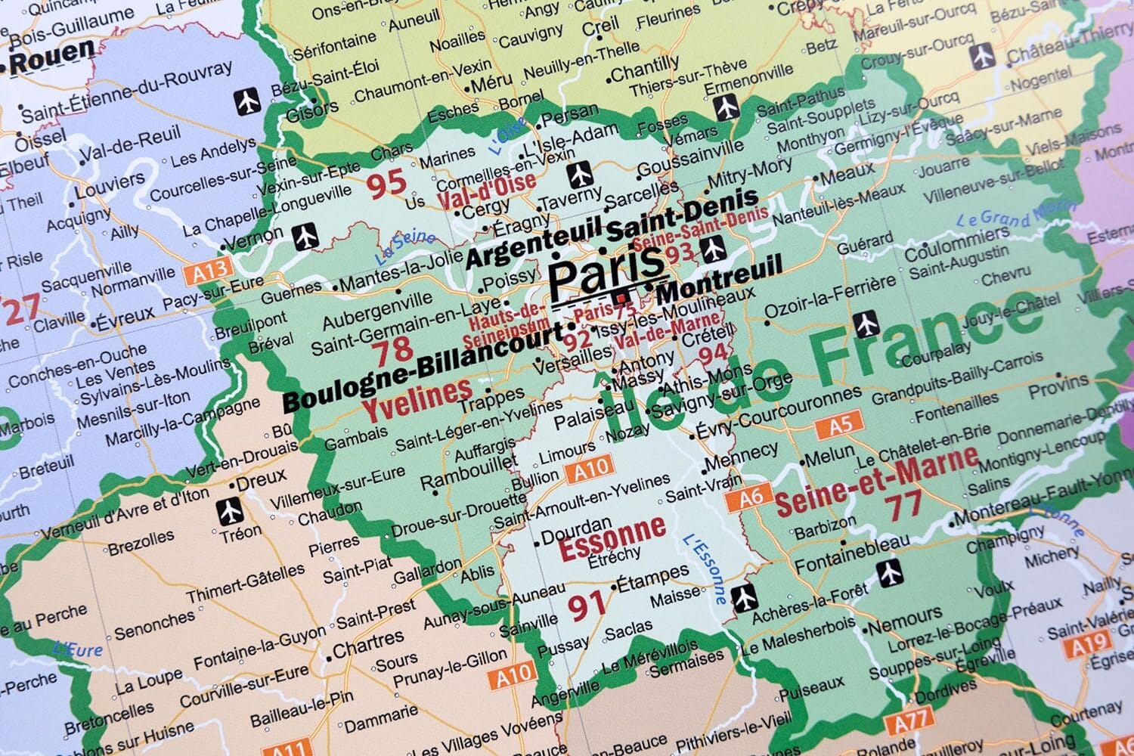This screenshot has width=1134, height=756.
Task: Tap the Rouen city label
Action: [x=51, y=57]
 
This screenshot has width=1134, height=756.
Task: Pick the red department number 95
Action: [x=386, y=184]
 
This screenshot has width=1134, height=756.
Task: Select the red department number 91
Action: [x=587, y=604]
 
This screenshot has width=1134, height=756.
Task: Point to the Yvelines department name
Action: [x=417, y=398]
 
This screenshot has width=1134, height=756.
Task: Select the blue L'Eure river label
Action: [x=78, y=648]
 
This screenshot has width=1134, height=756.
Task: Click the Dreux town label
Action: [x=261, y=479]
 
